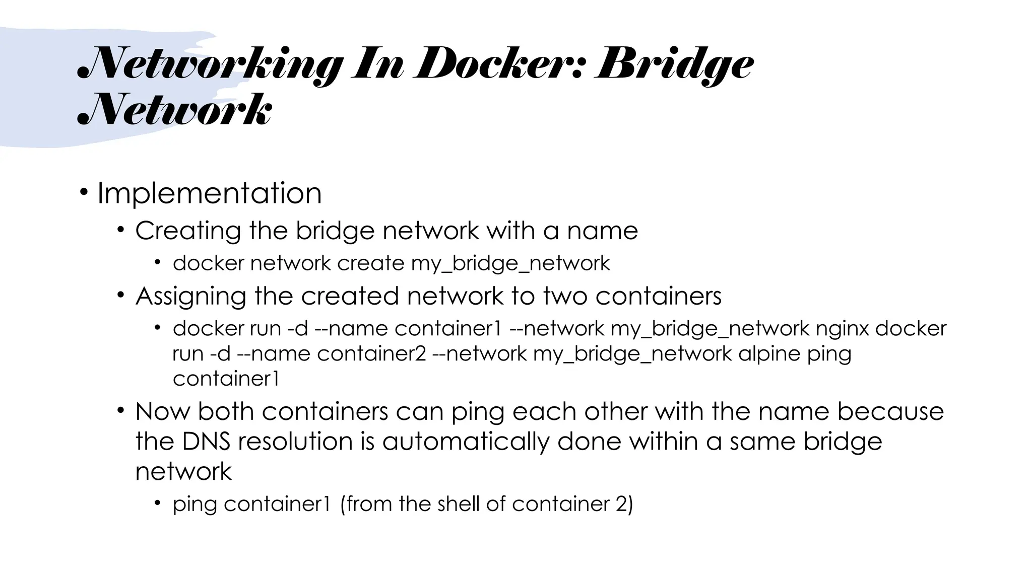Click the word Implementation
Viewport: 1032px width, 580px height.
click(209, 193)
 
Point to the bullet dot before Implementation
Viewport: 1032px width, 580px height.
click(84, 192)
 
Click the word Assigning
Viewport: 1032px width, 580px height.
click(191, 296)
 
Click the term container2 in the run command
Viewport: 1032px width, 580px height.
click(371, 353)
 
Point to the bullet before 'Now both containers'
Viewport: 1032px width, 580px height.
click(120, 410)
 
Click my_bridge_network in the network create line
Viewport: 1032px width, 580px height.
click(510, 264)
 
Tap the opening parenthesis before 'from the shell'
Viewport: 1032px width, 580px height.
click(343, 504)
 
